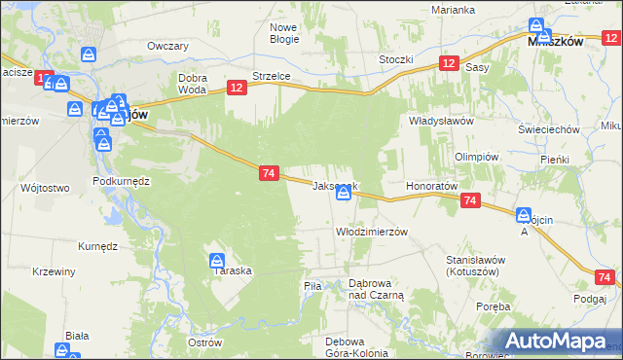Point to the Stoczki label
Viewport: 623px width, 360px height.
[396, 59]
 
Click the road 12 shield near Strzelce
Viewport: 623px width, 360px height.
[238, 88]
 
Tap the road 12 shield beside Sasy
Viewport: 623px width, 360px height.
[448, 62]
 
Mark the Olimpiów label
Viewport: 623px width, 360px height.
[476, 157]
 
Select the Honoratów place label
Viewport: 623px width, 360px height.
[431, 185]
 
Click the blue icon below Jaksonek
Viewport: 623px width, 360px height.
[344, 195]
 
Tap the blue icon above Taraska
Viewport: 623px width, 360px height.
[217, 261]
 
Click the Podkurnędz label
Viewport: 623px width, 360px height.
[120, 182]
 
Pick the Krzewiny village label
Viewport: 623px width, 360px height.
[54, 271]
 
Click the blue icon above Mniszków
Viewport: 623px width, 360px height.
[537, 26]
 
